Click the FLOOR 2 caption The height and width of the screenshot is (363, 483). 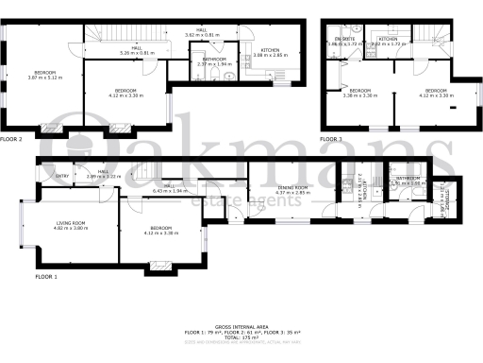(x=11, y=139)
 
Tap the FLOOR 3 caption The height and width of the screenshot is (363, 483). (x=330, y=139)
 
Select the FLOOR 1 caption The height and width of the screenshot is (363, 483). (x=46, y=277)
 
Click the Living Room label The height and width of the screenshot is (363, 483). (x=70, y=224)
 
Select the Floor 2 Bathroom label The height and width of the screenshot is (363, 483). (x=215, y=60)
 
